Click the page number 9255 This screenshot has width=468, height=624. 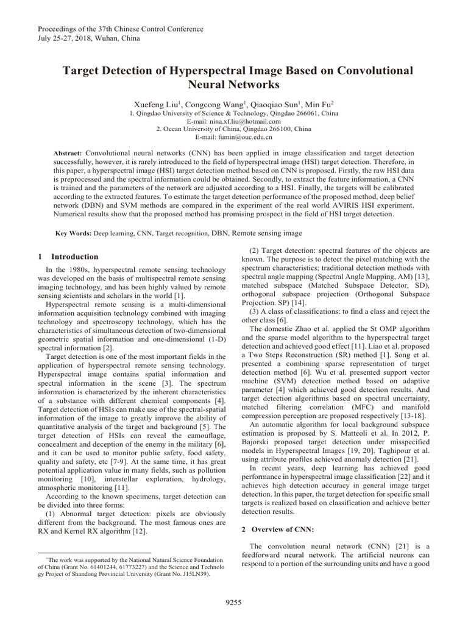tap(233, 602)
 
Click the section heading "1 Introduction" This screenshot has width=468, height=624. tap(68, 257)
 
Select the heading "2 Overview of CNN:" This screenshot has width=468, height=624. tap(280, 530)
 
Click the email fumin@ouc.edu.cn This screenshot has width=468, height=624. tap(233, 137)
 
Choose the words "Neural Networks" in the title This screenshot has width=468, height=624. tap(233, 84)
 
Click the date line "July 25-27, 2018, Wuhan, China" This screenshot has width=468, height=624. tap(89, 38)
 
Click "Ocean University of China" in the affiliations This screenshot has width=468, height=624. tap(201, 129)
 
